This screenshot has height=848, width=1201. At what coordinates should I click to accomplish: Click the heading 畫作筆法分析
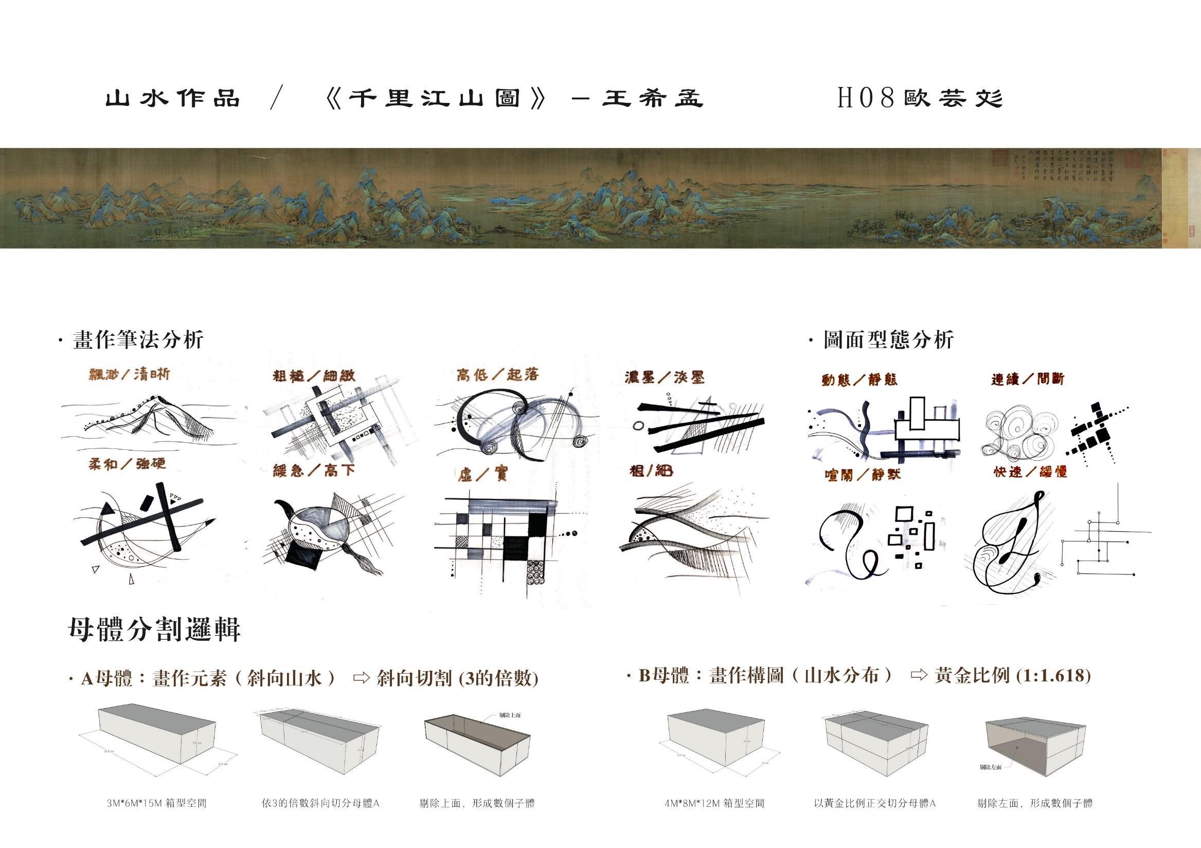pos(138,340)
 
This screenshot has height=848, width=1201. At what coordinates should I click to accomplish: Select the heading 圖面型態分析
pos(888,340)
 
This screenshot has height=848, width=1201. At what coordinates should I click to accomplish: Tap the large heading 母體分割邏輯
pos(154,630)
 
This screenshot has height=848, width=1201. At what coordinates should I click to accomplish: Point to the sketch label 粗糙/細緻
pos(314,376)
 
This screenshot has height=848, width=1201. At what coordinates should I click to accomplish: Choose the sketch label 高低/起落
pos(497,374)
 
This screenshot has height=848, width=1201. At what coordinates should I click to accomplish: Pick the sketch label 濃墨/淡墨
pos(665,377)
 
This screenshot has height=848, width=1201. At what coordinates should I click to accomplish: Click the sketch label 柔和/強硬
pos(127,464)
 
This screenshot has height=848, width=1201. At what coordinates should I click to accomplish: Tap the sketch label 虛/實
pos(482,474)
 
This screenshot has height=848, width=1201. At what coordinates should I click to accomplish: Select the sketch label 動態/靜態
pos(859,380)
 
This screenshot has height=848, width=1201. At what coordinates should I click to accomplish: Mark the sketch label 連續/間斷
pos(1027,379)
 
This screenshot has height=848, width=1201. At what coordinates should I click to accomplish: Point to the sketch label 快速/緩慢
pos(1030,472)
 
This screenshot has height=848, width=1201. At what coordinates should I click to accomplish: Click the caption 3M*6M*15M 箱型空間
pos(156,803)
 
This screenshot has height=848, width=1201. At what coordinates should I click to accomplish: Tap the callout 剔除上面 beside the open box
pos(510,715)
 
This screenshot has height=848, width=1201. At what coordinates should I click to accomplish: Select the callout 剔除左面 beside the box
pos(990,767)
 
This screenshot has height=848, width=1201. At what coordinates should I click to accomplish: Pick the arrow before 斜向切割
pos(361,678)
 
